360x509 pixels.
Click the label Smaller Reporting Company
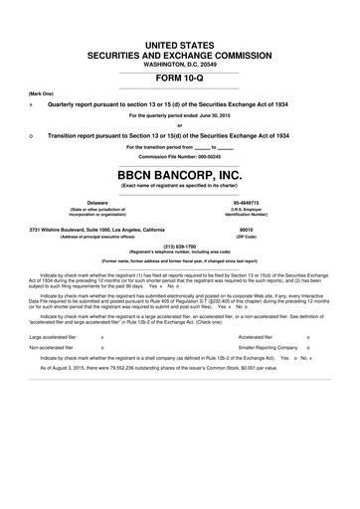[x=247, y=380]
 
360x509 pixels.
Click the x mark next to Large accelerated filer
[x=104, y=366]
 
